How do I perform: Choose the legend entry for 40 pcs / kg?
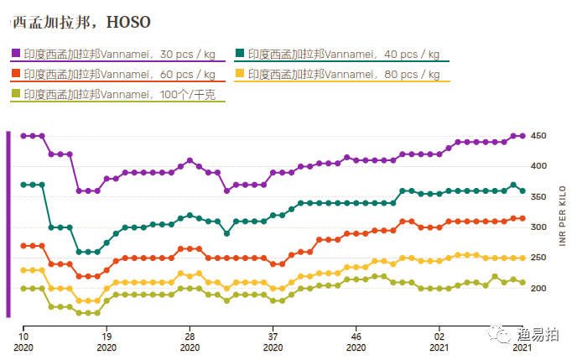click(343, 54)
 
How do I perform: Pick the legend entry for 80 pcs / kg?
click(343, 74)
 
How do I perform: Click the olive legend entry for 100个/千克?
click(113, 94)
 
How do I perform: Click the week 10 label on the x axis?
click(23, 337)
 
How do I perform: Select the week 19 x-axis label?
click(107, 337)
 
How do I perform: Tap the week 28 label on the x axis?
click(190, 337)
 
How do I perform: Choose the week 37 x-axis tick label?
click(273, 337)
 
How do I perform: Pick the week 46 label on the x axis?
click(356, 337)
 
